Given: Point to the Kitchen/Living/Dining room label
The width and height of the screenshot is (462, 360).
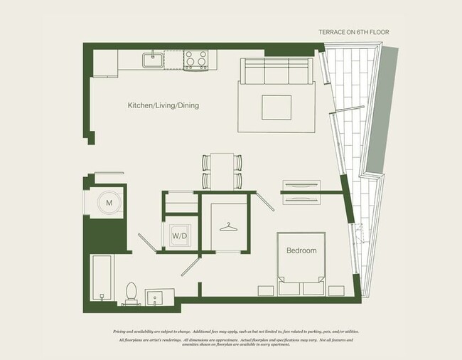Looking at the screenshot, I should (x=163, y=106).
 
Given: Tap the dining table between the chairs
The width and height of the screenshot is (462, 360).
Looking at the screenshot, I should (x=222, y=171).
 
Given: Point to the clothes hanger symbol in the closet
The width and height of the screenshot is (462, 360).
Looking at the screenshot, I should (x=227, y=227).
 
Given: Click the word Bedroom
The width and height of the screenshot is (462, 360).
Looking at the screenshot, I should (x=301, y=251).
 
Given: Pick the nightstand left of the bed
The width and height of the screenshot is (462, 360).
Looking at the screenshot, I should (x=264, y=290).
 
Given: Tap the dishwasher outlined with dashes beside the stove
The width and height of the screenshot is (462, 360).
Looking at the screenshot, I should (x=174, y=60).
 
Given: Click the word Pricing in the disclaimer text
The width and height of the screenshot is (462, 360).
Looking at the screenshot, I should (x=122, y=332).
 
